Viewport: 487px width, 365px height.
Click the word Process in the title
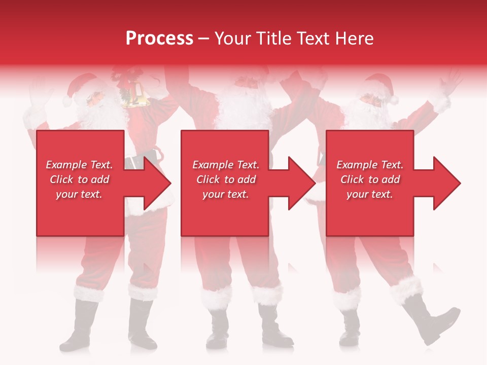159,39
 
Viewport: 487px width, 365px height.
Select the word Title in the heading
274,39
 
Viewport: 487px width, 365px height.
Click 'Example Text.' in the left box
79,165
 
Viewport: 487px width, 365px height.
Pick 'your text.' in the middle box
225,194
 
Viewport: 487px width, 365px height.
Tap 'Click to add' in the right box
370,179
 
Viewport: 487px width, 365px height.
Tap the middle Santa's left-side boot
217,330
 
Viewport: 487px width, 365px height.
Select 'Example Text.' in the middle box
225,165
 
